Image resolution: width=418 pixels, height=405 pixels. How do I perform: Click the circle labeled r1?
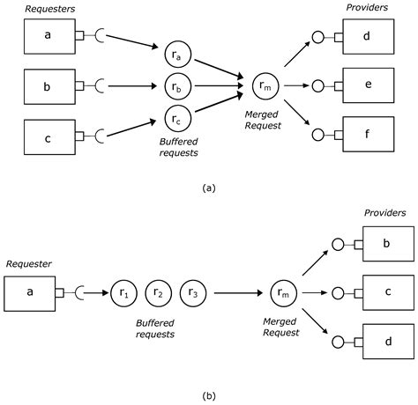tap(123, 292)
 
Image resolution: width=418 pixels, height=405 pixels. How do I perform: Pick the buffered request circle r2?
tap(157, 292)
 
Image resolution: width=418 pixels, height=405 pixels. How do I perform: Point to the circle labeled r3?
tap(192, 292)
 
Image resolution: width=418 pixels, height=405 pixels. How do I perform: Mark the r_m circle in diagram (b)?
tap(283, 292)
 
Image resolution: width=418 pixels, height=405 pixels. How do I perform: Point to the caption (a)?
tap(208, 187)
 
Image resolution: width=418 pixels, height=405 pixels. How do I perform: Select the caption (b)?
tap(208, 396)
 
